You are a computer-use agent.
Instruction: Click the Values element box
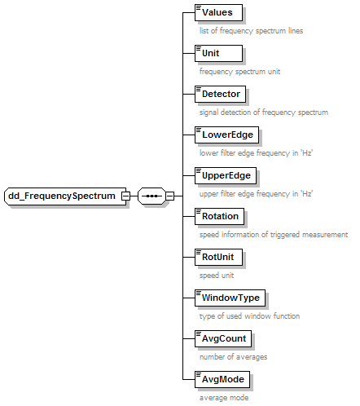[x=218, y=12]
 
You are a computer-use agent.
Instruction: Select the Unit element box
[x=218, y=53]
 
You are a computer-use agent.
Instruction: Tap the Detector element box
[x=220, y=94]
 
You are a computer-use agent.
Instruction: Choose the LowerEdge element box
[x=226, y=135]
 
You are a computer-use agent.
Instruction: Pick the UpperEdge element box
[x=226, y=175]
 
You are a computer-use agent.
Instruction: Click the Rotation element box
[x=219, y=216]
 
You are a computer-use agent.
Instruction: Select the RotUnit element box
[x=218, y=257]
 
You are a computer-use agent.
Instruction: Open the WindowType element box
[x=230, y=298]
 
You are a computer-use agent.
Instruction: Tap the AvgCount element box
[x=223, y=338]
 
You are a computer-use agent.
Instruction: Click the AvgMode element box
[x=222, y=379]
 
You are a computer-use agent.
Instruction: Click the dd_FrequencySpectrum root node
[x=65, y=196]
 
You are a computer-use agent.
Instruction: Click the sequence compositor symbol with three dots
[x=151, y=196]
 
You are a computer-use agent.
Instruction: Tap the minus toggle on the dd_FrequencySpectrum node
[x=125, y=196]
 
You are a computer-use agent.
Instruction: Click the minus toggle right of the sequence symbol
[x=170, y=196]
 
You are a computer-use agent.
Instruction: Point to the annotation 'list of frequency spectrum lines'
[x=251, y=31]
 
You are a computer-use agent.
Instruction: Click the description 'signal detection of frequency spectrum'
[x=264, y=113]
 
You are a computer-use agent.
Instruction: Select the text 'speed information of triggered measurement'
[x=274, y=235]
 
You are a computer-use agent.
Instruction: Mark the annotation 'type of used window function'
[x=249, y=316]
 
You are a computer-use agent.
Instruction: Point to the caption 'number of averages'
[x=233, y=357]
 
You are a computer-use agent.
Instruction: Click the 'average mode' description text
[x=224, y=398]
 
